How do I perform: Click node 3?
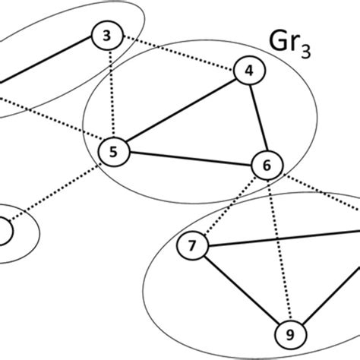point(106,34)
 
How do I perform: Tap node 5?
point(112,151)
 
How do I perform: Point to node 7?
point(191,245)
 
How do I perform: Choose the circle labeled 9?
point(289,332)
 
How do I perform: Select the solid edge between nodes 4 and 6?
point(257,118)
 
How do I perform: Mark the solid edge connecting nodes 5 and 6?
point(189,158)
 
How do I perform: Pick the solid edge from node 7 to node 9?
point(240,289)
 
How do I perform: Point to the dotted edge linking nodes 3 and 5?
point(109,93)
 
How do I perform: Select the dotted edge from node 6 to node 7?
point(229,205)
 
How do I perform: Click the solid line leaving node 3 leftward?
point(46,60)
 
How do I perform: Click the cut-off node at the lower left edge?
point(3,230)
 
